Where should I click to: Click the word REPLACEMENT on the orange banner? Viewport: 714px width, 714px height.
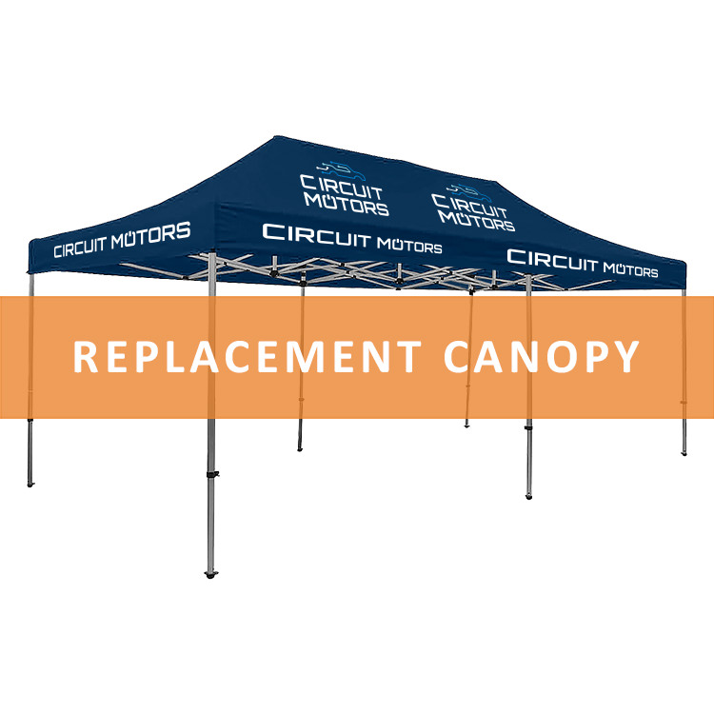[247, 357]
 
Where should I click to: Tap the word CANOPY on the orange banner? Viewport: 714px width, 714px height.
[542, 357]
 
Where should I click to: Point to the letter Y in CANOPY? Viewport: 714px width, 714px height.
[625, 357]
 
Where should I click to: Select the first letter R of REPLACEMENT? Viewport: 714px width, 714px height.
[85, 357]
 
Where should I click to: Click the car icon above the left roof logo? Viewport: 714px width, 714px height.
[342, 170]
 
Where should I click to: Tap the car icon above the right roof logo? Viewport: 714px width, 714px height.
[470, 193]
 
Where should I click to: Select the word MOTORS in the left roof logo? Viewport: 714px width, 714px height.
[347, 205]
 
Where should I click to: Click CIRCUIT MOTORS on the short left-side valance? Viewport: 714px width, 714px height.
[122, 240]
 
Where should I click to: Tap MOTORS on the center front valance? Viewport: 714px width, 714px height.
[409, 246]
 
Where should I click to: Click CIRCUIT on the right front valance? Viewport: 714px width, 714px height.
[552, 260]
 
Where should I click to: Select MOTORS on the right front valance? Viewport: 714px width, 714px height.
[631, 270]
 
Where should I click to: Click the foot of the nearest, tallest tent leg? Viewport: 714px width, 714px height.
[210, 574]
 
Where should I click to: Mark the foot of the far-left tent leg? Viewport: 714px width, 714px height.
[30, 484]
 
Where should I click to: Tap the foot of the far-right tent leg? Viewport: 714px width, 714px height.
[684, 452]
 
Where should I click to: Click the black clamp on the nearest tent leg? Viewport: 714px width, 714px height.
[212, 474]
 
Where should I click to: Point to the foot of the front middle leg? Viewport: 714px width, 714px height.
[528, 496]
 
